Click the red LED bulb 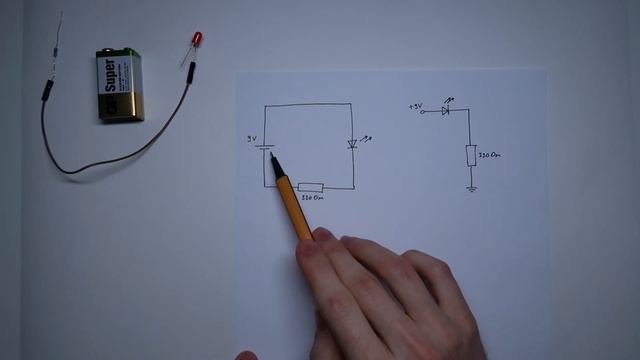pyautogui.click(x=197, y=39)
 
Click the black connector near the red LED pyautogui.click(x=187, y=69)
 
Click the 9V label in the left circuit pyautogui.click(x=253, y=138)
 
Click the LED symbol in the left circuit pyautogui.click(x=352, y=144)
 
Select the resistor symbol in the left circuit pyautogui.click(x=310, y=187)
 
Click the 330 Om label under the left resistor pyautogui.click(x=311, y=198)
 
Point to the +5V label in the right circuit pyautogui.click(x=416, y=106)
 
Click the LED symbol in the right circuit pyautogui.click(x=446, y=110)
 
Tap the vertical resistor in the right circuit pyautogui.click(x=471, y=155)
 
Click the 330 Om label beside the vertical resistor pyautogui.click(x=490, y=156)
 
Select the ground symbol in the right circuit pyautogui.click(x=471, y=187)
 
